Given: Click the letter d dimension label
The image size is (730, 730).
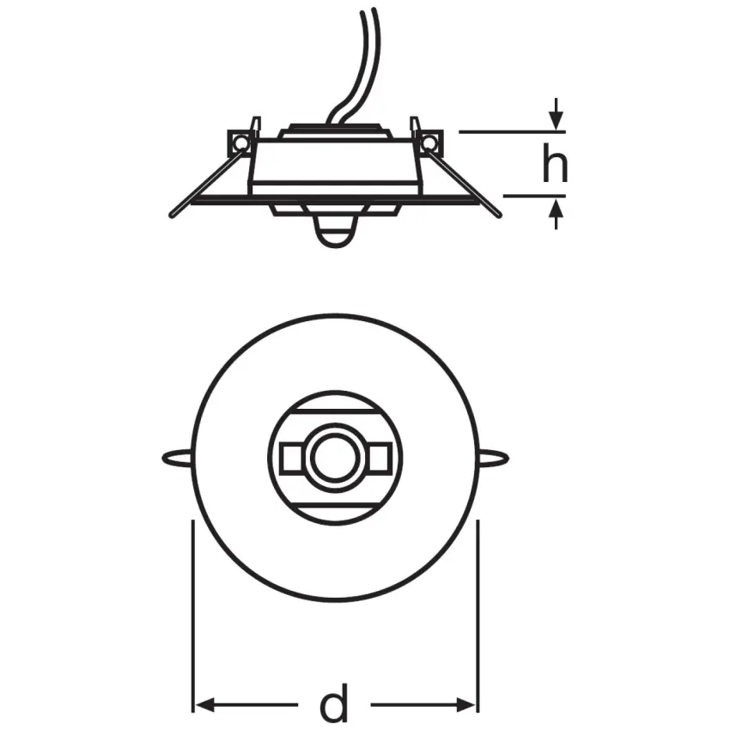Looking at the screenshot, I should point(334,705).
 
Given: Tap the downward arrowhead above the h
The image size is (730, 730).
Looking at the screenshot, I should point(557,121).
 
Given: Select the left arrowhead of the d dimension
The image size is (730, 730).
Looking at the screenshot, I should point(202,706).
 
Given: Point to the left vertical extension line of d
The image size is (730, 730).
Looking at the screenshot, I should point(192,618).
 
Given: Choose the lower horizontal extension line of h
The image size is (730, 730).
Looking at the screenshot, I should point(532,196).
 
